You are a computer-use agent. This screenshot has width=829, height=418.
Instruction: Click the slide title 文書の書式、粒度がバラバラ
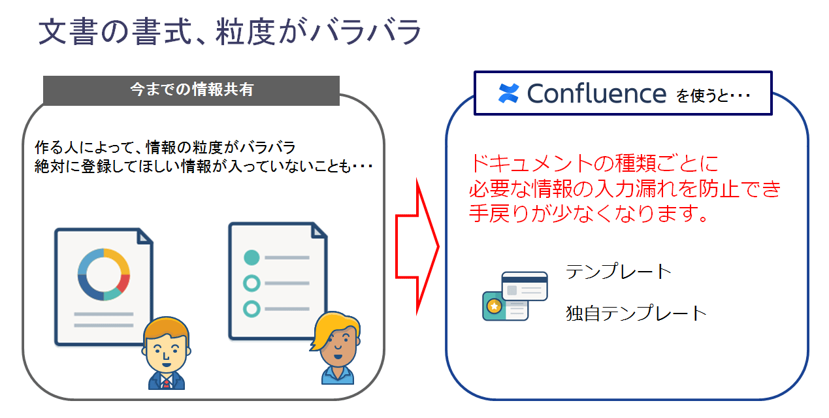click(x=229, y=32)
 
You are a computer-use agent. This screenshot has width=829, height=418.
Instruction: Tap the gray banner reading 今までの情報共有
click(x=191, y=91)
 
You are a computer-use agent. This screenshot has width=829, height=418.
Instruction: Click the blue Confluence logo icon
click(x=508, y=93)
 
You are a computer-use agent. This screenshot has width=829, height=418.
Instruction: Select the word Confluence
click(x=596, y=93)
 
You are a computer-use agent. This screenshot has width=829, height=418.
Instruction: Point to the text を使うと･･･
click(x=713, y=96)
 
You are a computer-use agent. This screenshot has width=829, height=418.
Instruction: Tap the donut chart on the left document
click(x=104, y=274)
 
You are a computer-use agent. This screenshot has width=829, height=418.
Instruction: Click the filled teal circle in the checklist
click(x=252, y=257)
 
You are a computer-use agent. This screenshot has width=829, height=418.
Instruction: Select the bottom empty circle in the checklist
click(x=252, y=309)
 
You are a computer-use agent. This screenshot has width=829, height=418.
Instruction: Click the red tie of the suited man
click(x=166, y=383)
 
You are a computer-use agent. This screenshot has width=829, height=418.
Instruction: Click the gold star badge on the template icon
click(x=494, y=306)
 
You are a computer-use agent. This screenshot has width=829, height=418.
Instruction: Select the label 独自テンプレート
click(x=636, y=313)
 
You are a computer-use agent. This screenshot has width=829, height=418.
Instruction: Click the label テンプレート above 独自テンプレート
click(x=619, y=271)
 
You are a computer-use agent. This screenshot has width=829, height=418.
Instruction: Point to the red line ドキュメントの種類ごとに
click(x=594, y=163)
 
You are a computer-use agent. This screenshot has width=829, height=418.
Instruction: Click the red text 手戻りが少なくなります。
click(x=589, y=214)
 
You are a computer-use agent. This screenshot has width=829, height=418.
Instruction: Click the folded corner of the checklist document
click(x=319, y=231)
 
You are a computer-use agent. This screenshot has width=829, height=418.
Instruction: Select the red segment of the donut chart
click(x=124, y=283)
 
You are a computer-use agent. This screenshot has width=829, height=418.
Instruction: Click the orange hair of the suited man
click(x=166, y=328)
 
